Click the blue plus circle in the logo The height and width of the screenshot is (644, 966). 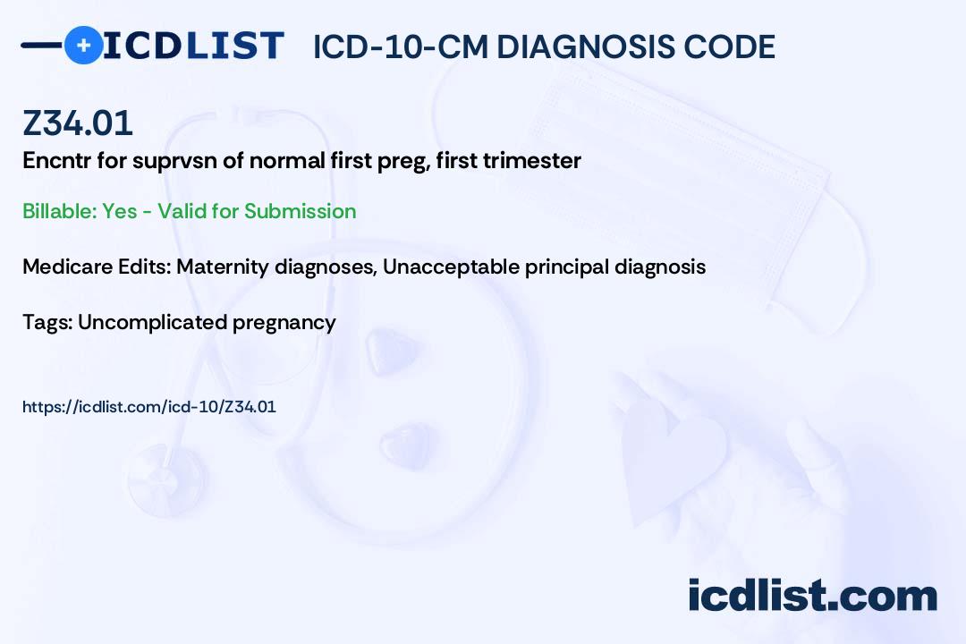[x=83, y=45]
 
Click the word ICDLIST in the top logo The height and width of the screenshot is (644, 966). [x=193, y=46]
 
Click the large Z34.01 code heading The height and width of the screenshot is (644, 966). [x=78, y=123]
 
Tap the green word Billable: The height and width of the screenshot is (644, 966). [x=59, y=211]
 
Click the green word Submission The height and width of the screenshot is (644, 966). [x=300, y=211]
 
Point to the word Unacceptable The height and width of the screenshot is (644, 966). [x=451, y=267]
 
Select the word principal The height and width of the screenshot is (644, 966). [x=567, y=267]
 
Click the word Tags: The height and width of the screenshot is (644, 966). [x=47, y=323]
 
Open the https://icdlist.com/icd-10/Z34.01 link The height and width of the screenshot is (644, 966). [x=149, y=407]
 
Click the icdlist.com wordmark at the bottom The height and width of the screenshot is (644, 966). [x=812, y=595]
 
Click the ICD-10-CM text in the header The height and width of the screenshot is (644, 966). [x=400, y=47]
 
